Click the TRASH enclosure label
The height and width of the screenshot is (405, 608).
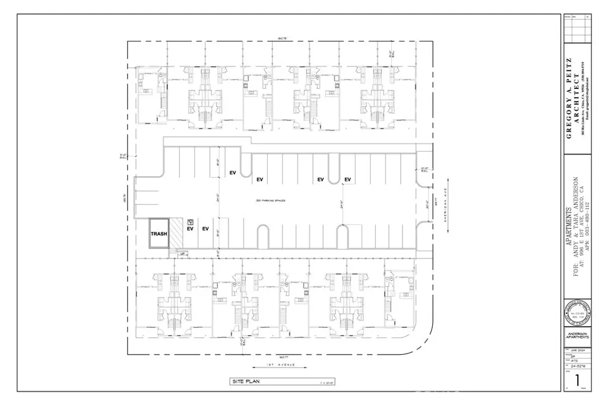159,234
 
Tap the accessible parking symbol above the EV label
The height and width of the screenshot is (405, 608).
190,219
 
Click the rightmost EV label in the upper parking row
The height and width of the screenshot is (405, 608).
347,180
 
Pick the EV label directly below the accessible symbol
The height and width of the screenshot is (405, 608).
191,228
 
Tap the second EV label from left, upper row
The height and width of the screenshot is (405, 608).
259,180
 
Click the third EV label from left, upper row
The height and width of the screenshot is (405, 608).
320,180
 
